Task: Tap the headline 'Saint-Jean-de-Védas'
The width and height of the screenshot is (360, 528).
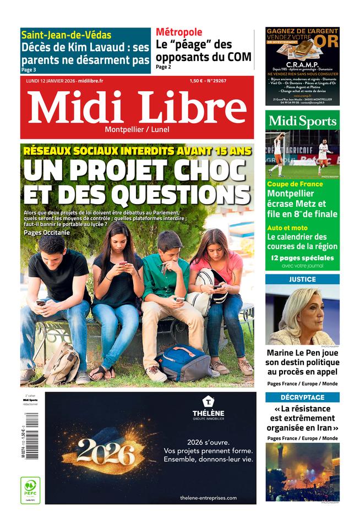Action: (x=66, y=35)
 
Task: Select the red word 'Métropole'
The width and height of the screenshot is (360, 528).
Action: (x=179, y=32)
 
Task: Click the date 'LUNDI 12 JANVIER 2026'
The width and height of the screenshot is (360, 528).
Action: (x=50, y=81)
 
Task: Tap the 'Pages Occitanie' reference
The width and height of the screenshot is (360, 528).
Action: (x=47, y=233)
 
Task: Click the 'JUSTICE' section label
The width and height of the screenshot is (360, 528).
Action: (x=302, y=279)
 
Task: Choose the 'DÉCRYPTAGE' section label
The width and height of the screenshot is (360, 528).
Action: (x=302, y=397)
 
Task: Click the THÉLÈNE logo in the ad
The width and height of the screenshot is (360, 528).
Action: (x=208, y=408)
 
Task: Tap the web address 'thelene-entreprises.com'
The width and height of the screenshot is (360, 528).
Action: (x=208, y=498)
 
